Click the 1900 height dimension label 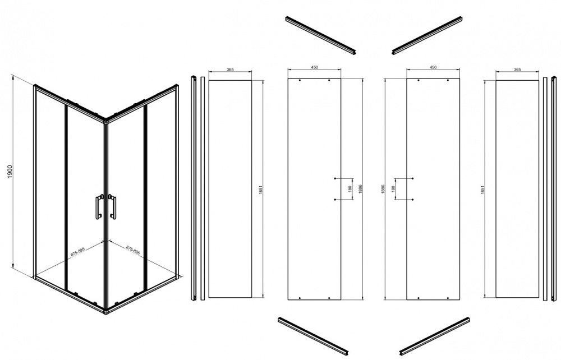(10, 172)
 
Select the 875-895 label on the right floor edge (133, 250)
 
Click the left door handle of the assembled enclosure (99, 206)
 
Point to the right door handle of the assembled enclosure (112, 206)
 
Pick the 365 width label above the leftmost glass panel (230, 70)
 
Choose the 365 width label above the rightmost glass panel (517, 70)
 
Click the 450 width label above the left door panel (315, 67)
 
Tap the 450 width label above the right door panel (433, 67)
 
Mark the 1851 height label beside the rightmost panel (482, 190)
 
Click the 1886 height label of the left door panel (360, 189)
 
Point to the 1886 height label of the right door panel (383, 189)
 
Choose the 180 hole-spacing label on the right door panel (393, 188)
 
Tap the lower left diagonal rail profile (314, 336)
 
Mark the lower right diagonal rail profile (434, 336)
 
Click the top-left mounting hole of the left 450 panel (300, 81)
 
